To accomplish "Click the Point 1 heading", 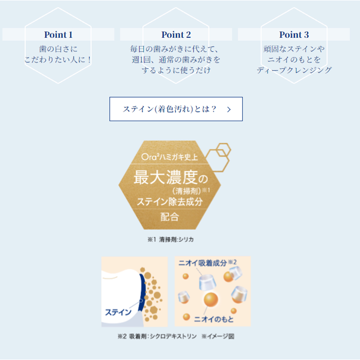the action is tap(58, 35).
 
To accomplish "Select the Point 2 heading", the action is tap(176, 35).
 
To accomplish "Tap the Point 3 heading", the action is tap(294, 35).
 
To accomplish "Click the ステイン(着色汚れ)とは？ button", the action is tap(176, 109).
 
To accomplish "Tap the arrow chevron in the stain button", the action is tap(229, 109).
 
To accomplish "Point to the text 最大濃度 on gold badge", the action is tap(166, 177).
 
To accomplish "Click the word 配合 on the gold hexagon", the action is tap(170, 217).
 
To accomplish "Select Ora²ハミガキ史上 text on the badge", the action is tap(170, 157).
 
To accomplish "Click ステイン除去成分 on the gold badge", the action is tap(170, 202).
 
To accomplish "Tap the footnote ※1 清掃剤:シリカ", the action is tap(171, 239).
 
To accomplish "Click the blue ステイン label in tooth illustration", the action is tap(118, 312).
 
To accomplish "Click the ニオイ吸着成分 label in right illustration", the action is tap(203, 263).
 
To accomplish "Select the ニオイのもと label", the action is tap(214, 319).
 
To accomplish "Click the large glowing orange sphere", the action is tap(211, 299).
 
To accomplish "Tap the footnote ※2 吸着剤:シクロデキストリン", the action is tap(157, 336).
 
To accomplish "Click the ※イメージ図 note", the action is tap(218, 336).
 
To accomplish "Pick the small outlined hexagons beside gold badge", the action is tap(218, 157).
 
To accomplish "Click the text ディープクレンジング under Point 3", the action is tap(294, 70).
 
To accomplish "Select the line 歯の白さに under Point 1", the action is tap(58, 49).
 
